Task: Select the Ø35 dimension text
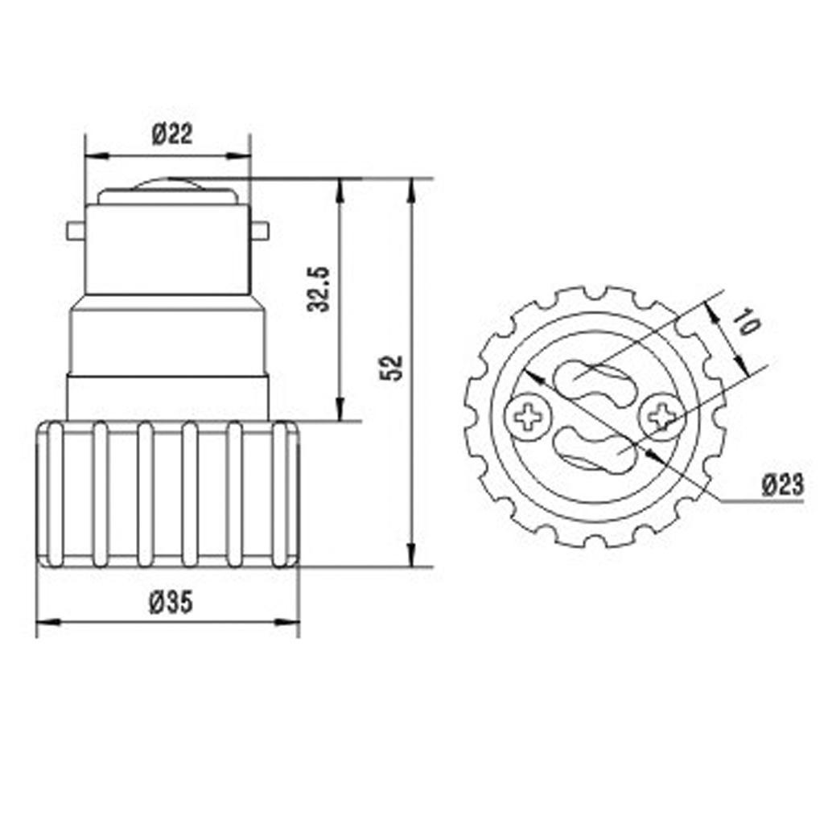tap(171, 602)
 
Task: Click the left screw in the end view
tap(528, 418)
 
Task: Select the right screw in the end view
tap(661, 416)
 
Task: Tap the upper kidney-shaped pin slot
tap(593, 380)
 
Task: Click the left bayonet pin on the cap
tap(75, 232)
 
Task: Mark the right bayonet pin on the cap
tap(259, 232)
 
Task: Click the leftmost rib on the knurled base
tap(56, 495)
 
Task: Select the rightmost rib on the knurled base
tap(280, 495)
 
